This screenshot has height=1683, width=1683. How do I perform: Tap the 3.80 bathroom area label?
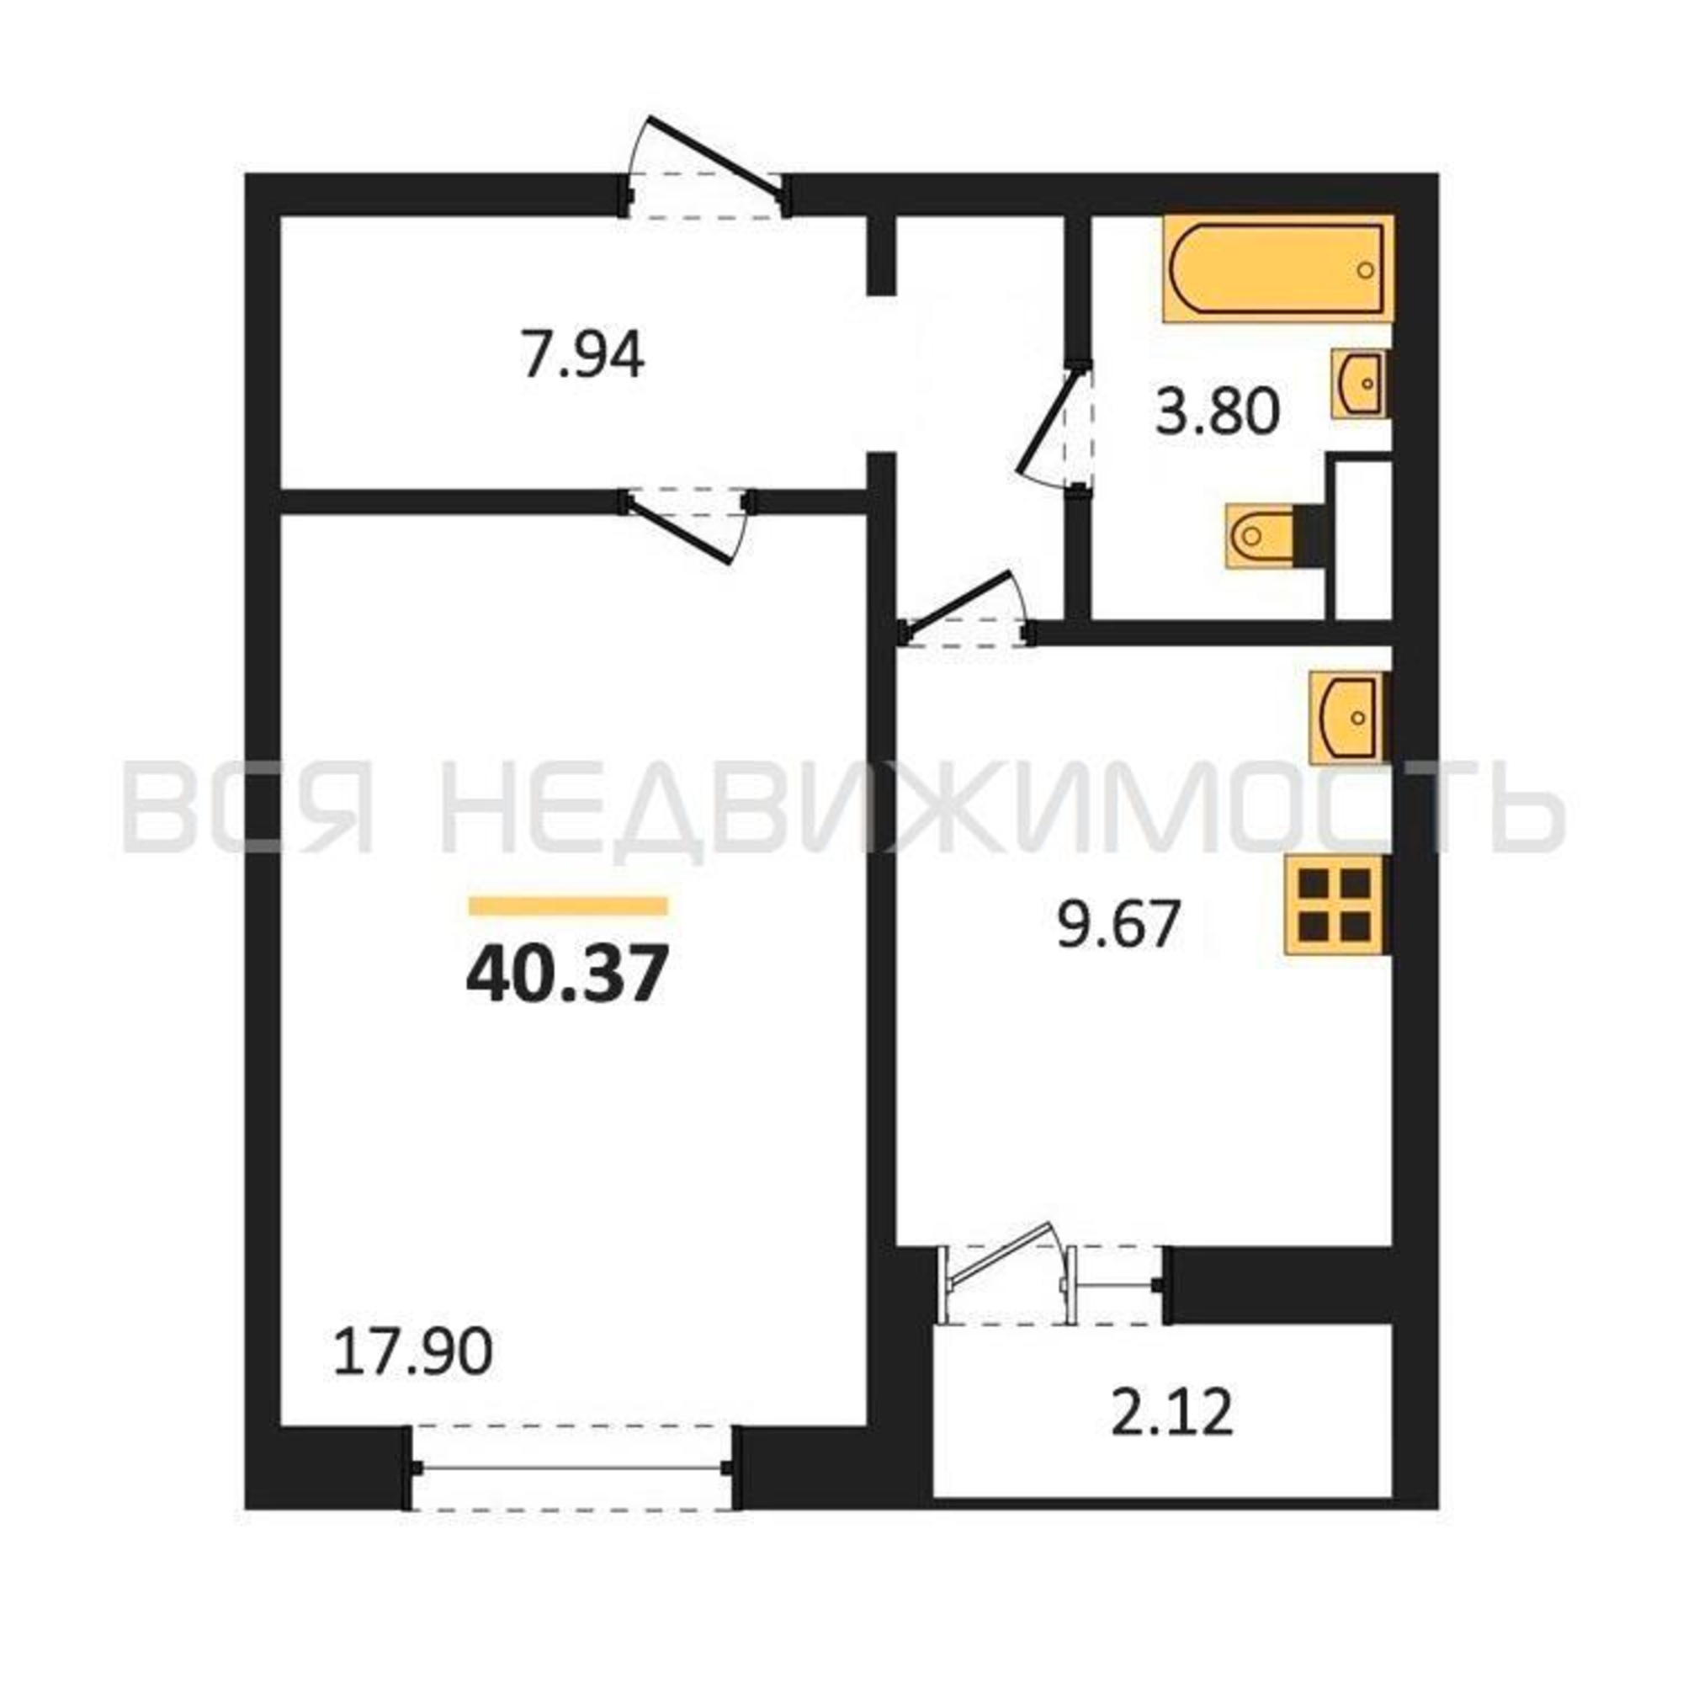pyautogui.click(x=1218, y=412)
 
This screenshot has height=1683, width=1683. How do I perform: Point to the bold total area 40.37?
pyautogui.click(x=567, y=974)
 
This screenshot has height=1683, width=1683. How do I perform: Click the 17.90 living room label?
pyautogui.click(x=413, y=1353)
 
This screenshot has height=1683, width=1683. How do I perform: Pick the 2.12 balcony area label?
pyautogui.click(x=1172, y=1412)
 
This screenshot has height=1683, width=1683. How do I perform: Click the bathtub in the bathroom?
pyautogui.click(x=1278, y=269)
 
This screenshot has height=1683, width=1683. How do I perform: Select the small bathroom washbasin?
pyautogui.click(x=1361, y=383)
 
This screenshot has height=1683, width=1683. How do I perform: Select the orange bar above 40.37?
pyautogui.click(x=568, y=906)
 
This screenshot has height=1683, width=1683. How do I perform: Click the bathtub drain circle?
pyautogui.click(x=1365, y=270)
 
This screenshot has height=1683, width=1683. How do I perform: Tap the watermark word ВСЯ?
pyautogui.click(x=249, y=807)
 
